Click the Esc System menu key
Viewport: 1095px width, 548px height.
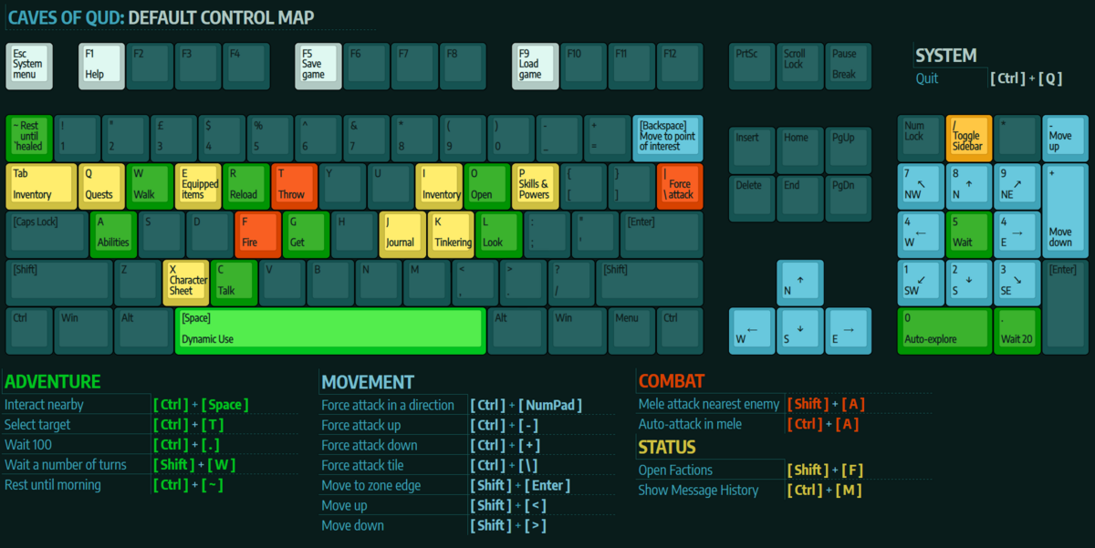(29, 66)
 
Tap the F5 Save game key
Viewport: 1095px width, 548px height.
(318, 66)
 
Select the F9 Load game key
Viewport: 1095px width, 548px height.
(534, 66)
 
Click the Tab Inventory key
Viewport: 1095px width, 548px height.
(42, 186)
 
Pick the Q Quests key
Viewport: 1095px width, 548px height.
(100, 186)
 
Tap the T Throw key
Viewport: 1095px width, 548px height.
(294, 186)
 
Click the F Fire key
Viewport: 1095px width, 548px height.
(256, 234)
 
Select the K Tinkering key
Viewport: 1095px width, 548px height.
(451, 234)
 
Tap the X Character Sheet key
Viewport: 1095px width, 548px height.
(185, 283)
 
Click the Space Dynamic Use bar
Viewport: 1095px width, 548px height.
(329, 331)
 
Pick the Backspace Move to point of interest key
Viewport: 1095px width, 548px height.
(668, 138)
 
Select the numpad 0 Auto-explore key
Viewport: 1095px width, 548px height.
(944, 331)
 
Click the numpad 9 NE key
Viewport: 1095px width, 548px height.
(1017, 186)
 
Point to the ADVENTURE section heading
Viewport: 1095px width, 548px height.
(53, 382)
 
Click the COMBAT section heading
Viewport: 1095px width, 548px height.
(672, 382)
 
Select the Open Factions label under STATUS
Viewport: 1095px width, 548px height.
(676, 470)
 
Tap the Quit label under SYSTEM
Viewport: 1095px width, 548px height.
(927, 78)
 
